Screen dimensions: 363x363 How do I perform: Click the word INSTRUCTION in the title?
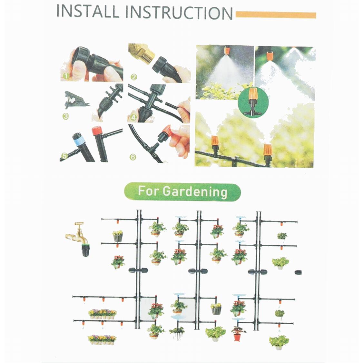(179, 13)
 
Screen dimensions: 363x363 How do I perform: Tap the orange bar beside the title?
(276, 15)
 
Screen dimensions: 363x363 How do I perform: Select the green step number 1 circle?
(66, 76)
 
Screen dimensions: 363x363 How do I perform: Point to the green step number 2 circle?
(134, 77)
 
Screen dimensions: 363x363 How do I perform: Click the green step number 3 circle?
(66, 116)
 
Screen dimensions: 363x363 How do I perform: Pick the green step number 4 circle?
(133, 117)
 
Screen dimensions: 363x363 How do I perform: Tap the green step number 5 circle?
(64, 156)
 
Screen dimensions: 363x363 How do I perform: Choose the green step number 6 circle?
(132, 157)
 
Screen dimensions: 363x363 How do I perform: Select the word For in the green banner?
(148, 191)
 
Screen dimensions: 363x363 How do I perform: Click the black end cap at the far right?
(298, 272)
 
